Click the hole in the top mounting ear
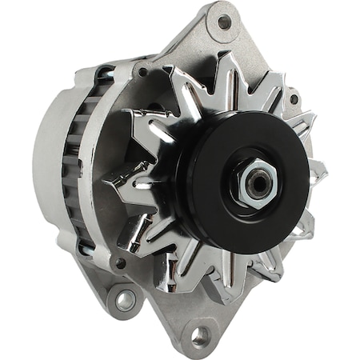[224, 22]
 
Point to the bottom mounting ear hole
[199, 334]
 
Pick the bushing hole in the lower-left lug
[126, 299]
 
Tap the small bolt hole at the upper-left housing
[142, 72]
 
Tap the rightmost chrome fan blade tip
[318, 170]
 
